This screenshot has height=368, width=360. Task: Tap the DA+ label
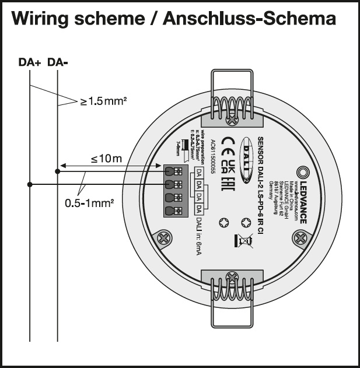point(29,61)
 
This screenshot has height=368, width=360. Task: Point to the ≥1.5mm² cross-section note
point(104,101)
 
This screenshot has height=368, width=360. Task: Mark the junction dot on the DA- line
point(57,171)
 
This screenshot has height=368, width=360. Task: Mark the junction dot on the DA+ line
point(30,184)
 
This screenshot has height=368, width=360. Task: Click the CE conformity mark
point(229,142)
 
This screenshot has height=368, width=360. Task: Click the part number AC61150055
point(214,158)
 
